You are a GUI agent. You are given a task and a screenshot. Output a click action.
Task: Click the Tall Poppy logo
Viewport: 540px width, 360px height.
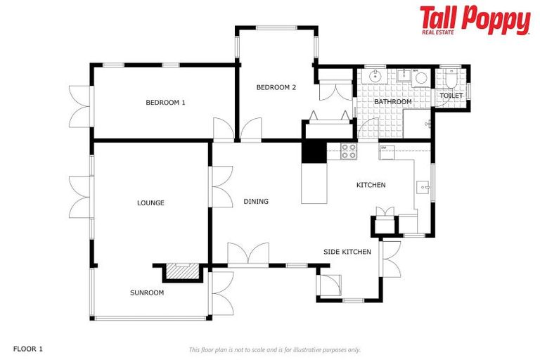(x=475, y=20)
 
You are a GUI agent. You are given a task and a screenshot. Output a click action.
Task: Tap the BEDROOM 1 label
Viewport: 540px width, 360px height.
(x=165, y=103)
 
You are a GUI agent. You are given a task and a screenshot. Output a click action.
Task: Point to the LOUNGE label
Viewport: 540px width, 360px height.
(x=150, y=203)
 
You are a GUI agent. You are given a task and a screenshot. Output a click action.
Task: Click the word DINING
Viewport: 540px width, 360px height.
(x=256, y=202)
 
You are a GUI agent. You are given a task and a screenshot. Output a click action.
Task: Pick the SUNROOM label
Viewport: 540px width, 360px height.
(x=147, y=292)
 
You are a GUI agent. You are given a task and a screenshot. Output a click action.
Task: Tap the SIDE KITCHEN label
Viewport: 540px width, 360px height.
(x=347, y=252)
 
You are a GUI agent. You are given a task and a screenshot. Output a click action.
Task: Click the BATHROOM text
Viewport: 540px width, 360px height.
(x=392, y=102)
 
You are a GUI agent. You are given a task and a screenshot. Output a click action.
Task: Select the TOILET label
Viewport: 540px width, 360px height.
(x=451, y=96)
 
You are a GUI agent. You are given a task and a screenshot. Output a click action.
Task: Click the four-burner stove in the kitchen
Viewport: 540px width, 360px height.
(x=348, y=151)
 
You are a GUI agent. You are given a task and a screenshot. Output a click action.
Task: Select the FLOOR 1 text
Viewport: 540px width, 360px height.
(x=28, y=349)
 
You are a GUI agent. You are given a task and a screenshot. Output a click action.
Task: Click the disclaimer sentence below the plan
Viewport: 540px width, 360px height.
(x=274, y=349)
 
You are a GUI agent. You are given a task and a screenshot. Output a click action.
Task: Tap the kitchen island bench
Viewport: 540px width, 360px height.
(x=314, y=184)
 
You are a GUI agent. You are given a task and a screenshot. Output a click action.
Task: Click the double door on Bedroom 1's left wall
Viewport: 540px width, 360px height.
(x=80, y=107)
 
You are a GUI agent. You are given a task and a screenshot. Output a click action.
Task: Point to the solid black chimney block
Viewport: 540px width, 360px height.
(x=314, y=152)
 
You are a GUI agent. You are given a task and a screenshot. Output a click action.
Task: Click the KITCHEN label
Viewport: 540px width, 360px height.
(x=371, y=185)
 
